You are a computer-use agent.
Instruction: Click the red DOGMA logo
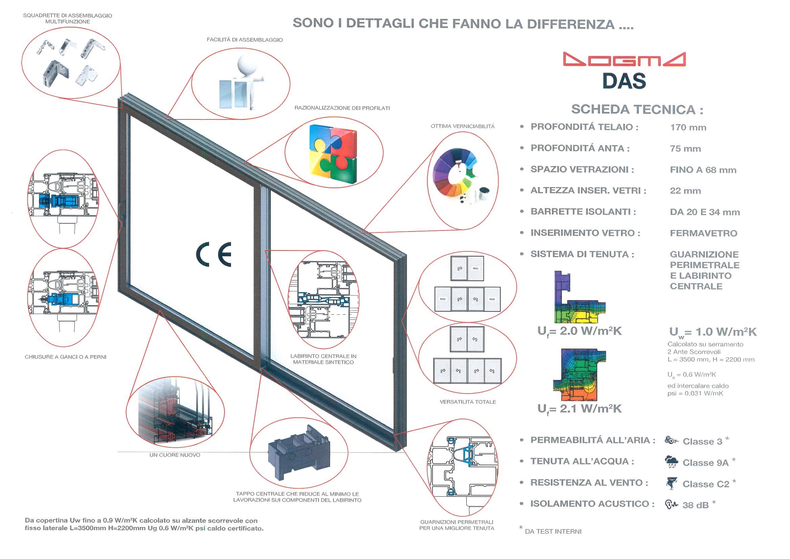(x=624, y=59)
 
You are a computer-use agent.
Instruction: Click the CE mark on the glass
(x=214, y=254)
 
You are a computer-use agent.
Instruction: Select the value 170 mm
(x=688, y=128)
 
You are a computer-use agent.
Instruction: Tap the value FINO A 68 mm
(x=703, y=170)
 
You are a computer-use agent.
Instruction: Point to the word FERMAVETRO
(x=703, y=233)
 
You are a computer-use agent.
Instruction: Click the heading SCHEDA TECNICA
(x=637, y=110)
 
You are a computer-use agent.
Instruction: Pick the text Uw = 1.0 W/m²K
(x=713, y=332)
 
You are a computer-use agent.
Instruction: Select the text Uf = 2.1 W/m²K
(x=579, y=409)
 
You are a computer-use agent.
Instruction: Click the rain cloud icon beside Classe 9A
(x=671, y=462)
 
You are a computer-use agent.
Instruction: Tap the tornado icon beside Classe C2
(x=671, y=483)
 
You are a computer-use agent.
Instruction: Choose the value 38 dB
(x=695, y=505)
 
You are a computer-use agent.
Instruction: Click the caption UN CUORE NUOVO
(x=175, y=455)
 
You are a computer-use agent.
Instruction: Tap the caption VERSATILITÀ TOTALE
(x=468, y=402)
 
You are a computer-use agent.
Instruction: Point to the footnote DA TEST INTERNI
(x=553, y=532)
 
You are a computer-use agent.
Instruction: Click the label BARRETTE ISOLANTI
(x=583, y=212)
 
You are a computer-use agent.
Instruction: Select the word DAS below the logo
(x=624, y=81)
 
